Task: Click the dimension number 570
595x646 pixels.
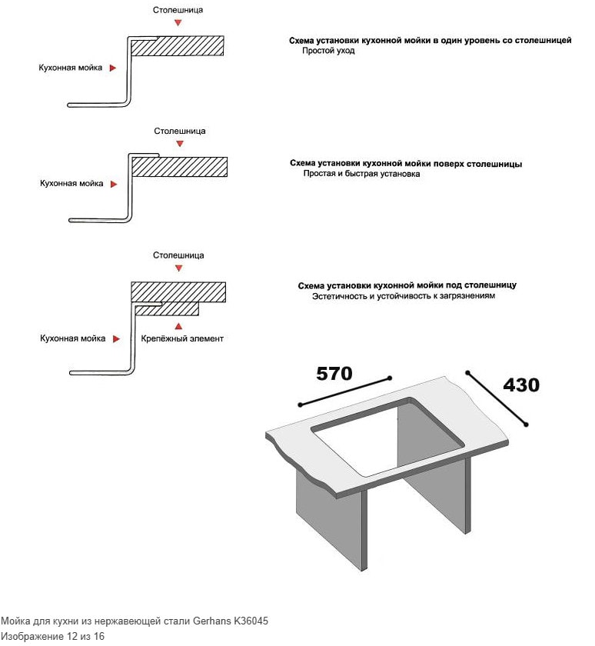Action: pos(334,374)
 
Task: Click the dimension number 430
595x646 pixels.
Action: pos(521,385)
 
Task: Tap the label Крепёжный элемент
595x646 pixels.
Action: pos(182,338)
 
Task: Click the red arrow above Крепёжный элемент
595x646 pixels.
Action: pos(178,326)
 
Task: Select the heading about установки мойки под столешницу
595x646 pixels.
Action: pos(407,285)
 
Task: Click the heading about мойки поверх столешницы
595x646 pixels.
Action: pos(406,164)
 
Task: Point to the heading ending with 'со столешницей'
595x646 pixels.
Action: pos(430,40)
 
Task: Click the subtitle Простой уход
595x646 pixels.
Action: pos(328,51)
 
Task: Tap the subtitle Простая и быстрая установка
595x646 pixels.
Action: pos(361,174)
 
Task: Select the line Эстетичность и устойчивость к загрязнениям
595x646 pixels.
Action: pos(404,296)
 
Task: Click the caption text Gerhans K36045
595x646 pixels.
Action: pos(231,621)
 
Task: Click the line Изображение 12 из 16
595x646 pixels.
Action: pos(52,636)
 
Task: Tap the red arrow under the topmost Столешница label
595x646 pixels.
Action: pos(178,23)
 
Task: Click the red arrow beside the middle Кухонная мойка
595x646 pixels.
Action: pos(114,184)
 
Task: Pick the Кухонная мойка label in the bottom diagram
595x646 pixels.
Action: pos(72,338)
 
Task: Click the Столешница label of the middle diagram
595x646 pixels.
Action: pos(180,131)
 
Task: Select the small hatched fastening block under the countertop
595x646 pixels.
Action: pos(167,308)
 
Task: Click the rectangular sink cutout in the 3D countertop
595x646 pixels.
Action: pos(387,438)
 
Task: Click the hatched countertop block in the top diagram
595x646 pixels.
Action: pos(178,45)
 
